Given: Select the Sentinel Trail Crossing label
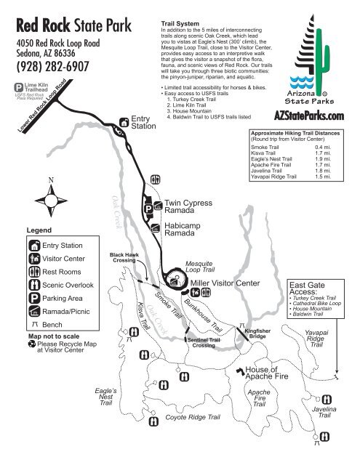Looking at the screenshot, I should (x=204, y=343).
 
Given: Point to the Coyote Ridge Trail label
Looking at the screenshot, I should (x=193, y=418).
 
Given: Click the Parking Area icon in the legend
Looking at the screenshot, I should (x=34, y=298).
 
